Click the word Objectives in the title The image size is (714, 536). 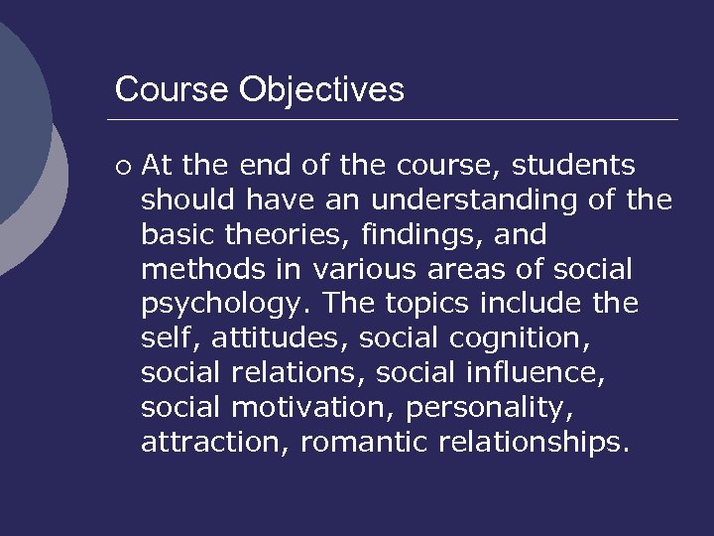321,90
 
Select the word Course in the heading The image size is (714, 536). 173,90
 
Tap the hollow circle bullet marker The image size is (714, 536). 122,166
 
